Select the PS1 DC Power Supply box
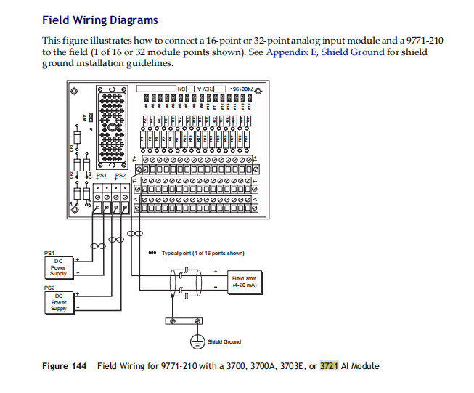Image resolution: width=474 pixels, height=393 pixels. click(59, 267)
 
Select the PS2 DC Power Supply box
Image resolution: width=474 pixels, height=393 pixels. click(59, 301)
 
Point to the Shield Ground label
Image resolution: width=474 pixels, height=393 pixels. click(224, 341)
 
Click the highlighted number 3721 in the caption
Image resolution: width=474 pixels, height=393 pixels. click(330, 365)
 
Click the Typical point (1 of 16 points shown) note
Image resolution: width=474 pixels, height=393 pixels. click(203, 253)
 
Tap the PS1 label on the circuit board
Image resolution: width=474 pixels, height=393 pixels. click(102, 176)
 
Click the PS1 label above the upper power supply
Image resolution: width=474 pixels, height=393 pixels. click(49, 253)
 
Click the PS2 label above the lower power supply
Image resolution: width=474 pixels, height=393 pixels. click(49, 288)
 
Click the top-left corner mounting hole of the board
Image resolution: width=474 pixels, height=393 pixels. click(74, 92)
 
